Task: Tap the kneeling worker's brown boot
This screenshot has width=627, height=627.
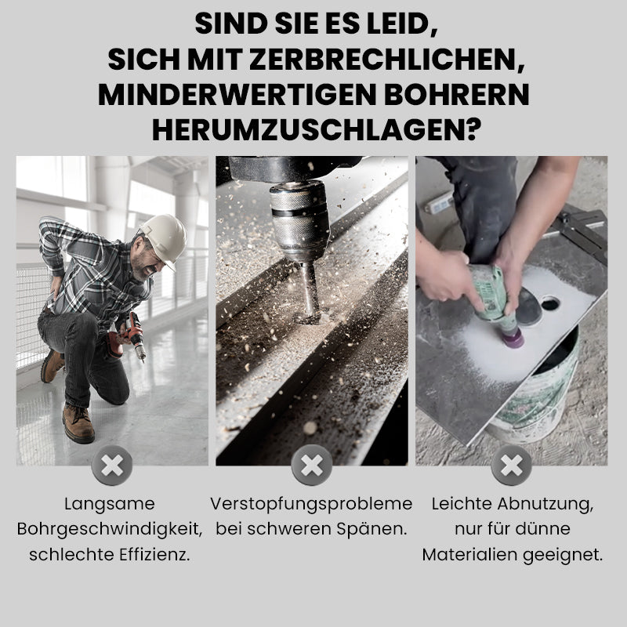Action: (x=78, y=423)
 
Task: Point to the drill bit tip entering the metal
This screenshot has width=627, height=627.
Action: (x=309, y=313)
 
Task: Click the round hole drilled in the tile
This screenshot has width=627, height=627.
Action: (x=550, y=303)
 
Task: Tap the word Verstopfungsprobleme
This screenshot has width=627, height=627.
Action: (x=311, y=504)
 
